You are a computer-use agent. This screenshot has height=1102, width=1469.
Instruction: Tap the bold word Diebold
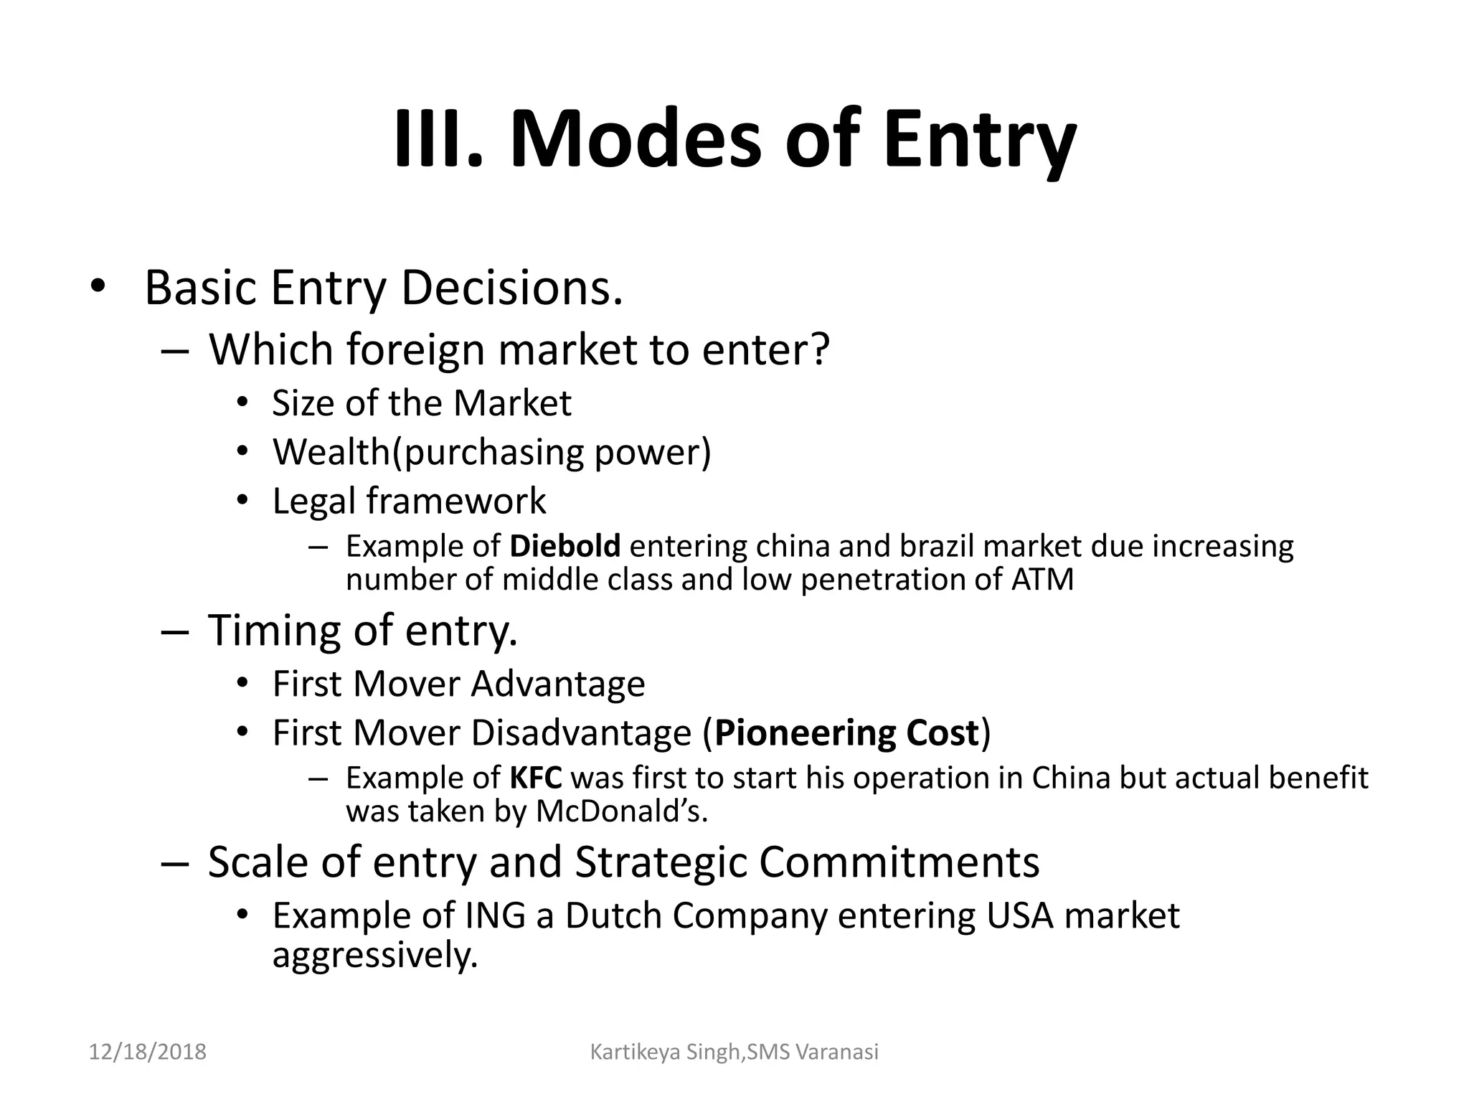(565, 547)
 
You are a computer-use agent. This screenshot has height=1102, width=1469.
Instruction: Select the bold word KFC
(536, 778)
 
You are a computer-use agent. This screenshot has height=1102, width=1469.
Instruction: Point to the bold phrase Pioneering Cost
(846, 733)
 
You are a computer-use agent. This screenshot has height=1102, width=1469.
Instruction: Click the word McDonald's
(621, 811)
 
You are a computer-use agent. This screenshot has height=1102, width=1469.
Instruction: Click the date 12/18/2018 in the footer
(147, 1052)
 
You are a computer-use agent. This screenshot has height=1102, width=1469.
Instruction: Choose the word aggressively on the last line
(374, 956)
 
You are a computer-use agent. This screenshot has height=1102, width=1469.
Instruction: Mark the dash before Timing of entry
(175, 632)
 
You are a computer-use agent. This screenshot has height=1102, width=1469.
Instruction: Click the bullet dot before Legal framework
(242, 500)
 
